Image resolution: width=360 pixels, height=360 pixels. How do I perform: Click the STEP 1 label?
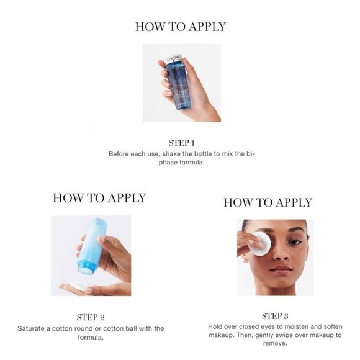pyautogui.click(x=182, y=143)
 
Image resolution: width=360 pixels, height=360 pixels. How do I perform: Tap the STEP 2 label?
pyautogui.click(x=91, y=318)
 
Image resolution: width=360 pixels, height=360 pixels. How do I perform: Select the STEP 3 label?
pyautogui.click(x=275, y=316)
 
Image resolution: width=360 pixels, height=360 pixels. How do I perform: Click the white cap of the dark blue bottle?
pyautogui.click(x=174, y=58)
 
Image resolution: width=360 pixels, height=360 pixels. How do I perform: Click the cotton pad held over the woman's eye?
pyautogui.click(x=259, y=243)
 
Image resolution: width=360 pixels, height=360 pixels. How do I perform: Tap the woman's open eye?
pyautogui.click(x=295, y=242)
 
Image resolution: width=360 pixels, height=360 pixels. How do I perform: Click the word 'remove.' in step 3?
pyautogui.click(x=275, y=344)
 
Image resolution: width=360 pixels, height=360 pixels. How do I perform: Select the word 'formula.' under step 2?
pyautogui.click(x=91, y=338)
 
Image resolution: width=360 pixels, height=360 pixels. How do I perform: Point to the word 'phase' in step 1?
pyautogui.click(x=168, y=163)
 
